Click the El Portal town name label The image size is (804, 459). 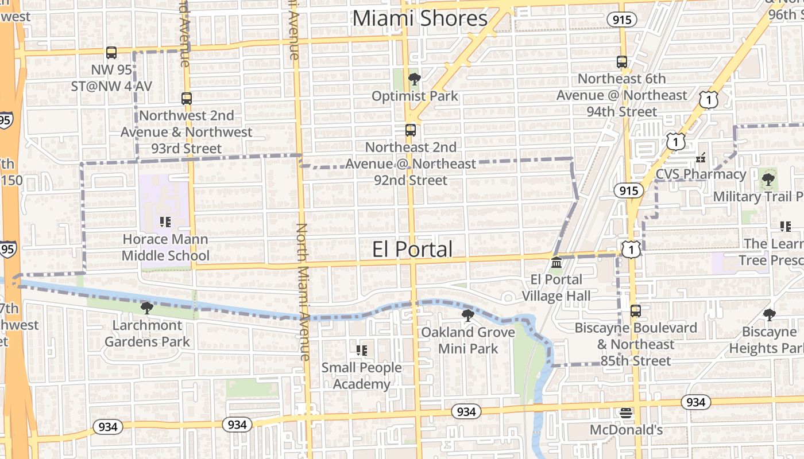coord(412,249)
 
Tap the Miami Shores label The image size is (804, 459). coord(420,18)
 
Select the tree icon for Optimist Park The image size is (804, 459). coord(413,79)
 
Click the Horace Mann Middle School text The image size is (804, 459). coord(165,247)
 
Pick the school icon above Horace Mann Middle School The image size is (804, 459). coord(165,222)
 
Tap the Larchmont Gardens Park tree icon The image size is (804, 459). coord(147,308)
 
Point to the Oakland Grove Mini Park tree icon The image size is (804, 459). coord(468,315)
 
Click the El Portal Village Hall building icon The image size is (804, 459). coord(556,263)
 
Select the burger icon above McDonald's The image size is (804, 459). coord(625,413)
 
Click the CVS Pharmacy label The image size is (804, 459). coord(701,174)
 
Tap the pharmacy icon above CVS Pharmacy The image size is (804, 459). coord(701,157)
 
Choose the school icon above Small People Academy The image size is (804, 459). coord(361,350)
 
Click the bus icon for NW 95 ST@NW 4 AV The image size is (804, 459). coord(111,53)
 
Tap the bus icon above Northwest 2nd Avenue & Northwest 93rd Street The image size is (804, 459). coord(186,98)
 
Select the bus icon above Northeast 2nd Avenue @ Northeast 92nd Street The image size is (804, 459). coord(410,130)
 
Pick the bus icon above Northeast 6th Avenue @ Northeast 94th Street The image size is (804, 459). coord(621,62)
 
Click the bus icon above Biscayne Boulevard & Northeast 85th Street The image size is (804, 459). coord(635,311)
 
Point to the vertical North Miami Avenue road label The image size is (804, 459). coord(303,291)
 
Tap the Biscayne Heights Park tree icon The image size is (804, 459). coord(769,314)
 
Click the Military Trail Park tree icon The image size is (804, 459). coord(768,180)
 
